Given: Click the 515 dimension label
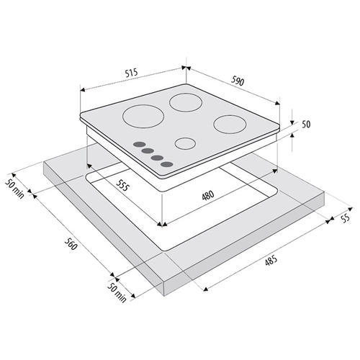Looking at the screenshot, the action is coord(132,73).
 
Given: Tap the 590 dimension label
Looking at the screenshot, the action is coord(238,81).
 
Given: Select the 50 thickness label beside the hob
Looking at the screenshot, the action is coord(306,125).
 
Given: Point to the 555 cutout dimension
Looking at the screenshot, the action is coord(122,185).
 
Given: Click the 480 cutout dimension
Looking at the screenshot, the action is coord(208,195).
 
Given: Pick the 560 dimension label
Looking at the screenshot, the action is coord(71,243).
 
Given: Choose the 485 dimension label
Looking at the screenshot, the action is coord(271,261).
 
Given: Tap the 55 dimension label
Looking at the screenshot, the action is coord(345,218).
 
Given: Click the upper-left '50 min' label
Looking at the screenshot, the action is coord(15,189).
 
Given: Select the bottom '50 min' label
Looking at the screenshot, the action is coord(117,292).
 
